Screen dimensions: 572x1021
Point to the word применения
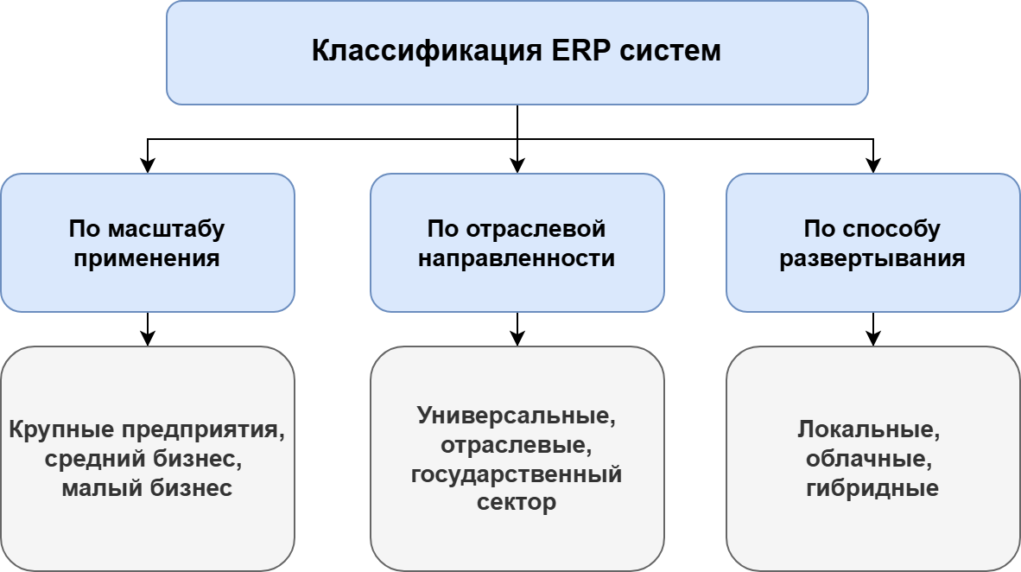tap(147, 258)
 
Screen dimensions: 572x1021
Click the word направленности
tap(517, 258)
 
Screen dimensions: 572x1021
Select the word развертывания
tap(872, 258)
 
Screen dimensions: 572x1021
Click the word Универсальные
tap(515, 416)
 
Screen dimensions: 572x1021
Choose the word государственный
tap(517, 474)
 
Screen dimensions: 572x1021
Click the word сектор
tap(517, 503)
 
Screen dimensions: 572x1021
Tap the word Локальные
tap(868, 429)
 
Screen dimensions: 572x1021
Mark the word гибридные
tap(872, 488)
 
